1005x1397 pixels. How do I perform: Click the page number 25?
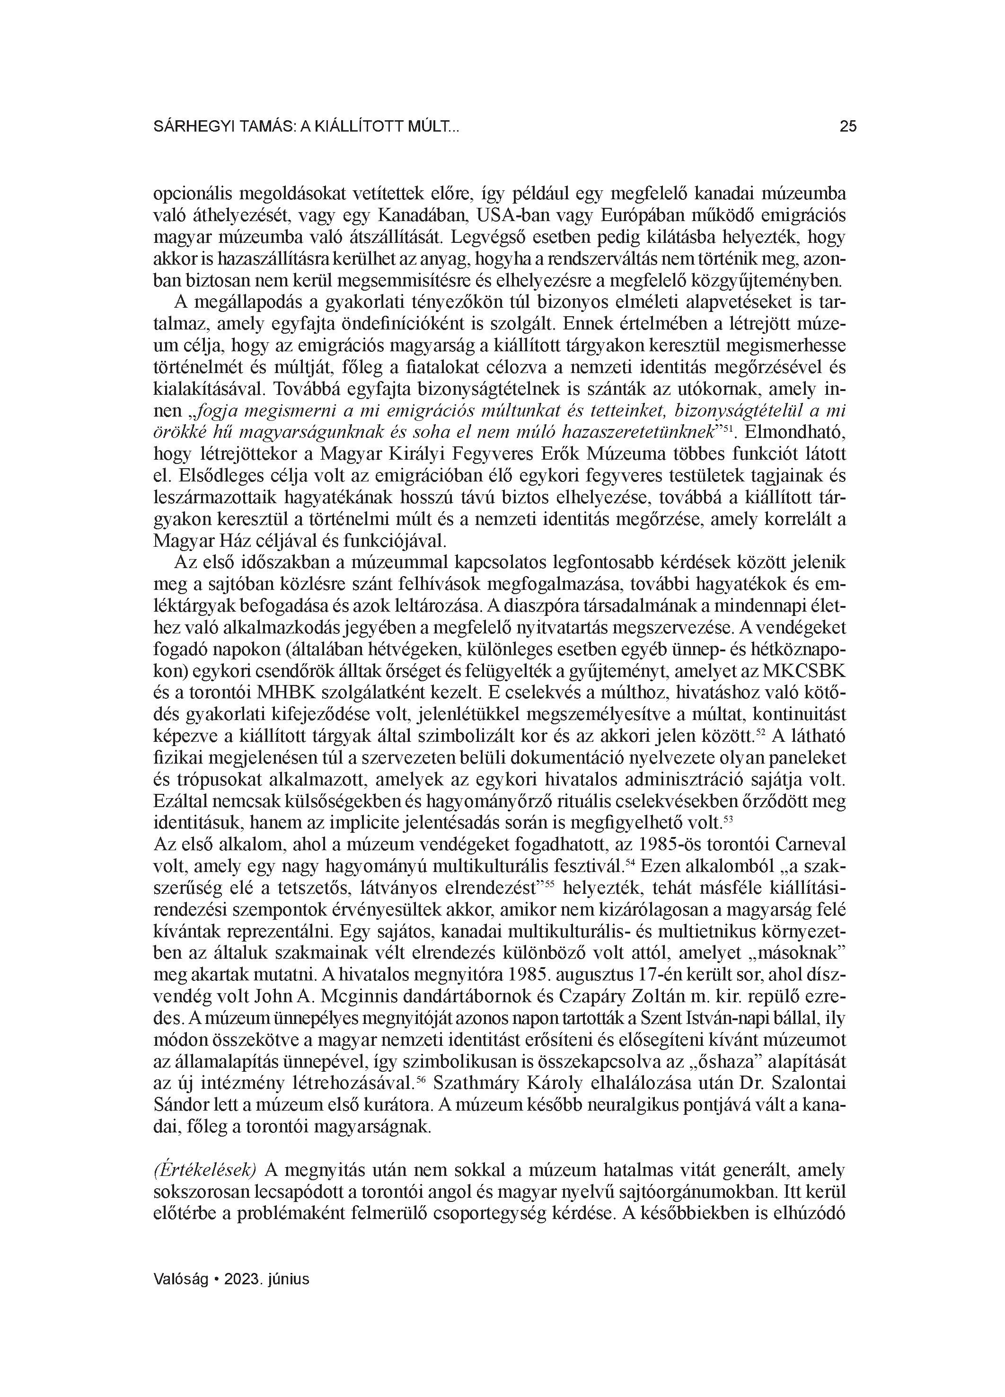847,127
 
